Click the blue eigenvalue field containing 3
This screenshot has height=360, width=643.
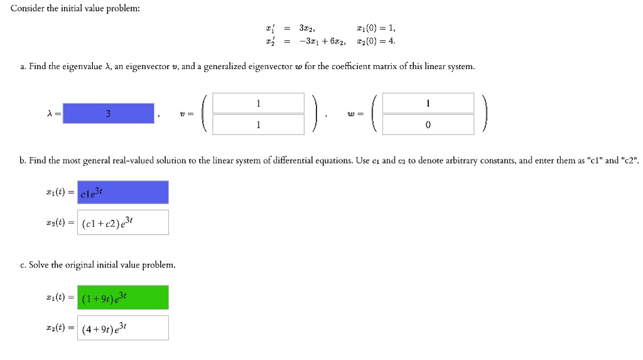108,113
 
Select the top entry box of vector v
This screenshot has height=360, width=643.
258,103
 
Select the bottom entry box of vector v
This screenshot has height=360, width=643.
258,124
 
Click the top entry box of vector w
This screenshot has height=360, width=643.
428,103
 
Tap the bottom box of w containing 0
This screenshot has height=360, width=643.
428,124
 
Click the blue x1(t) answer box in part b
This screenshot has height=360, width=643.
123,192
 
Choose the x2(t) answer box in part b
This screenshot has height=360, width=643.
123,222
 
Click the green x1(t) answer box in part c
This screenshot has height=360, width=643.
123,297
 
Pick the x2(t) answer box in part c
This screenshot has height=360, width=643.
123,327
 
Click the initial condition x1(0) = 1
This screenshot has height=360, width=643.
376,28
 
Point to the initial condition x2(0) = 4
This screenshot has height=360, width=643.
376,41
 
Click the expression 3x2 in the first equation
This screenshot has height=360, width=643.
307,28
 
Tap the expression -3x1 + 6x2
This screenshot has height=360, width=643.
323,41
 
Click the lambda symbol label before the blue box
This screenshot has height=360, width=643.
50,113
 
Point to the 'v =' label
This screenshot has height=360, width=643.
186,114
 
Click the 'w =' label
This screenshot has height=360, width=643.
355,114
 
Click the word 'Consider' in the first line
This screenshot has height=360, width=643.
28,8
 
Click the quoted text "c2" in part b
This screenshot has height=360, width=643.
630,160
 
